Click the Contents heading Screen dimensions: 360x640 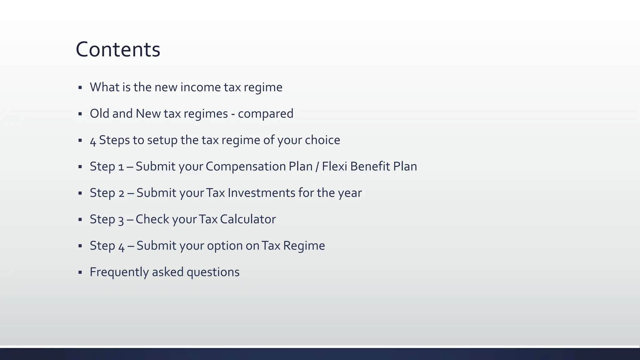pos(118,50)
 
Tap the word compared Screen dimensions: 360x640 pos(265,114)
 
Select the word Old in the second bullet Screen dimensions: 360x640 pos(99,113)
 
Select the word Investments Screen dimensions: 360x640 pos(261,193)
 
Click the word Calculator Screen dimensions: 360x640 pos(248,219)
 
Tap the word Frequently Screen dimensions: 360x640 pos(119,272)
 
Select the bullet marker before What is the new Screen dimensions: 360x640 pos(80,87)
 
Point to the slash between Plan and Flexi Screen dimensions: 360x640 pos(317,167)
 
